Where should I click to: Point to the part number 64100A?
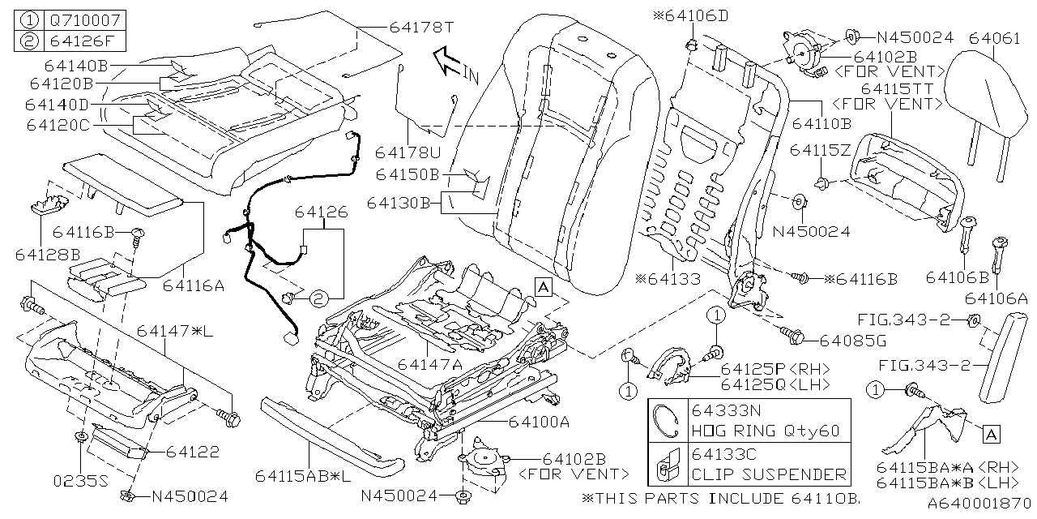[x=540, y=422]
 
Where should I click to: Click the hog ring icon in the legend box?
[x=667, y=419]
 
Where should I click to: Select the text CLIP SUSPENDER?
[x=768, y=474]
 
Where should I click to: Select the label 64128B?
[x=47, y=255]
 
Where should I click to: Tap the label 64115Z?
[x=820, y=151]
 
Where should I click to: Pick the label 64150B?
[x=407, y=174]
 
